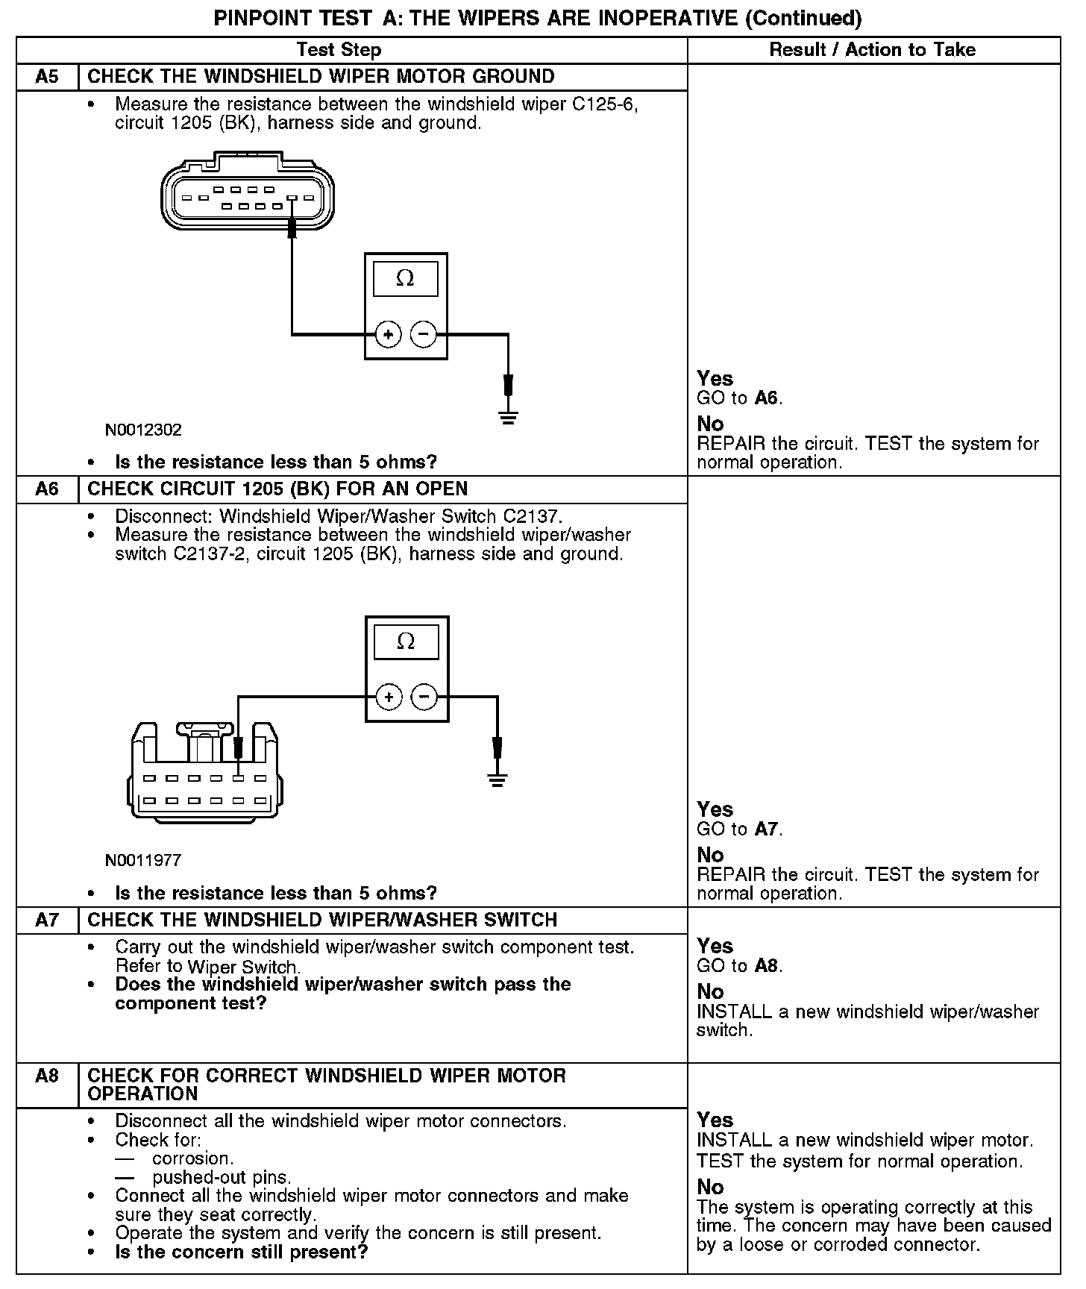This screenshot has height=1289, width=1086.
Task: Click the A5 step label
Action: click(47, 77)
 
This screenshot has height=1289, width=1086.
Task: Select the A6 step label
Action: click(47, 489)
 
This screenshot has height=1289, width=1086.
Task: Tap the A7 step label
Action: click(47, 920)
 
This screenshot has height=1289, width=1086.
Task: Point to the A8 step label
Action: click(47, 1076)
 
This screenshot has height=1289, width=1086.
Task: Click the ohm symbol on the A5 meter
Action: click(405, 278)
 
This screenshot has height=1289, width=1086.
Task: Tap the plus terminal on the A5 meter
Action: click(388, 334)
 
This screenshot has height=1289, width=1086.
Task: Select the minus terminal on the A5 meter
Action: click(424, 334)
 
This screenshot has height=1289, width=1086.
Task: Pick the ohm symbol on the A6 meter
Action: click(406, 642)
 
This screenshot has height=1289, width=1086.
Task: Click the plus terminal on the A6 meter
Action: click(389, 697)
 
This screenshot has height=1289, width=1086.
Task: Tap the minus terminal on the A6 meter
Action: click(424, 697)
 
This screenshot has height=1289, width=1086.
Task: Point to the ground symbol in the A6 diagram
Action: click(498, 780)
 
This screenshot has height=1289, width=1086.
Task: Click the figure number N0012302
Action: click(143, 430)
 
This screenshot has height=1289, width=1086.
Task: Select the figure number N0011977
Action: click(143, 860)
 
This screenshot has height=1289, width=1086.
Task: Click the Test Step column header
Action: click(339, 50)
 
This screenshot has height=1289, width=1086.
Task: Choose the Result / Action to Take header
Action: click(872, 50)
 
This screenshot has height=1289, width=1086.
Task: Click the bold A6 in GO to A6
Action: click(766, 398)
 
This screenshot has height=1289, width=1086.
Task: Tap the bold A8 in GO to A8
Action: click(766, 966)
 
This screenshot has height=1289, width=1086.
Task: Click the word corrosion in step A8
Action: click(192, 1158)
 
